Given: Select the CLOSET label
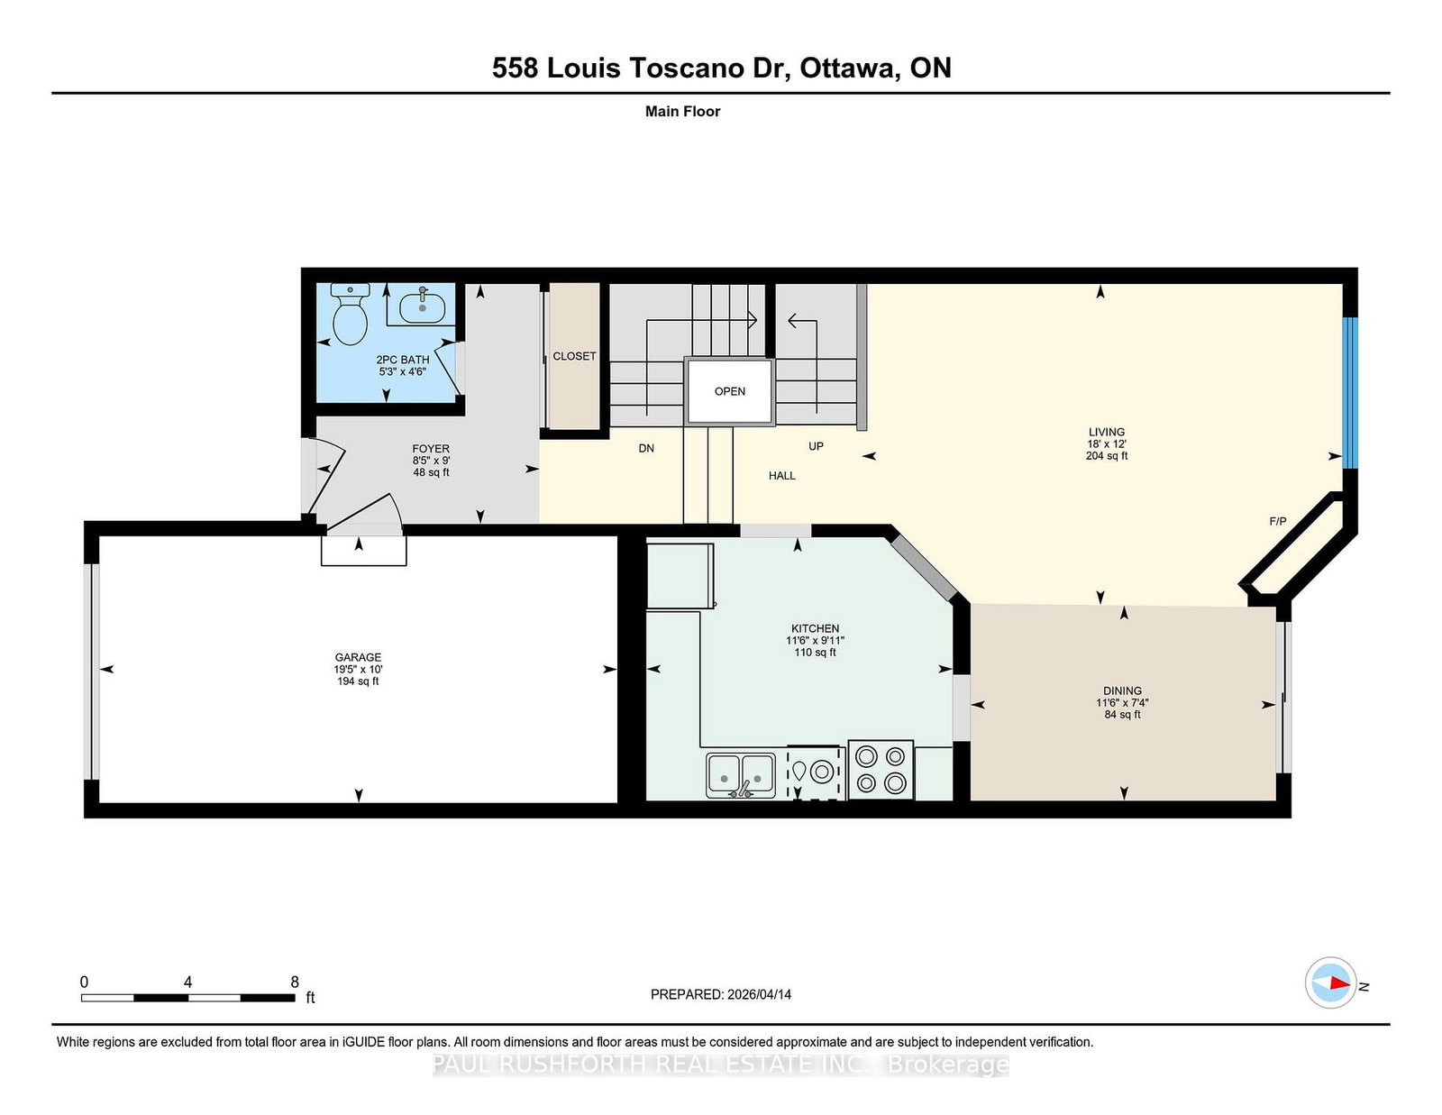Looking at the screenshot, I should (x=574, y=356).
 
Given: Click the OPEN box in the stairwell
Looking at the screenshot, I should (x=730, y=391).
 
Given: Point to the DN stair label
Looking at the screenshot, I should (x=646, y=448).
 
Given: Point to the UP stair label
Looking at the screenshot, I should (x=816, y=446).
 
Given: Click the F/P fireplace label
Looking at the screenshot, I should (x=1277, y=521).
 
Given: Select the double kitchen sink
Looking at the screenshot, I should (x=740, y=775).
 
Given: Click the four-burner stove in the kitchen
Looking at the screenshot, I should (x=881, y=770).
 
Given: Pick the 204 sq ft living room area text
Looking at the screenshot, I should (x=1107, y=456).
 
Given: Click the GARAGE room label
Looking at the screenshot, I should (x=358, y=657).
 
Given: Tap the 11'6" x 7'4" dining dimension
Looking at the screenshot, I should (x=1122, y=703).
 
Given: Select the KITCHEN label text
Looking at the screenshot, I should (x=815, y=628).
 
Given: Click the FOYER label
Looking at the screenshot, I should (x=431, y=448).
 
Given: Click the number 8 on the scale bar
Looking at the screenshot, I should (x=295, y=982).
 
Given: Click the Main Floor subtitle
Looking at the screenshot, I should (x=682, y=111).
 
